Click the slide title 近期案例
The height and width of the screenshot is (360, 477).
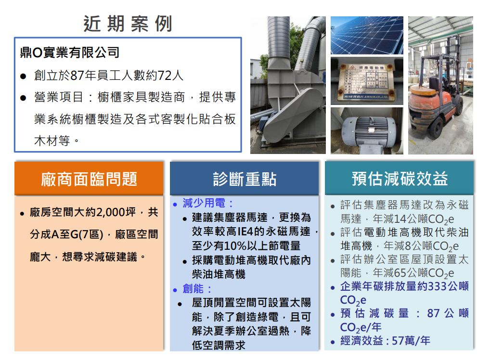click(x=128, y=24)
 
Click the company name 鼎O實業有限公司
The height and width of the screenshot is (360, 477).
click(x=69, y=52)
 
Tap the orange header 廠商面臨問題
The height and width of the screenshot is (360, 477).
click(x=89, y=179)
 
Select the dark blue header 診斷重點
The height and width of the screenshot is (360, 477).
click(x=245, y=179)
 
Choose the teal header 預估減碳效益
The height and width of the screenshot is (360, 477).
click(x=400, y=179)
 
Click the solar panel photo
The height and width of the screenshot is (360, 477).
click(x=367, y=35)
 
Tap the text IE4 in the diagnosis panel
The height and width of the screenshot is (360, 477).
click(x=245, y=231)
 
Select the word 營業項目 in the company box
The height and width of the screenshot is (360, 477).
click(x=52, y=97)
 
